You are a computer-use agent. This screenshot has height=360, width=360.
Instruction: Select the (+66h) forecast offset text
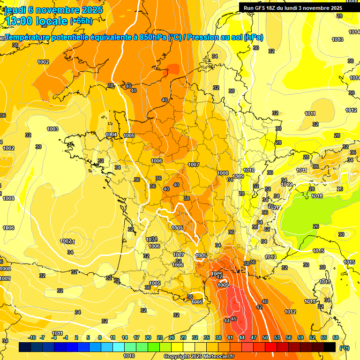(x=81, y=21)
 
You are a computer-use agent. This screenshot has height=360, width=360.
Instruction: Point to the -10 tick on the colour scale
(x=32, y=337)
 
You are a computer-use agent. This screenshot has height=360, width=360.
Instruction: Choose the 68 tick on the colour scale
(x=336, y=337)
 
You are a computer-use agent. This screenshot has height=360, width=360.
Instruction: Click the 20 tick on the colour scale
(x=148, y=337)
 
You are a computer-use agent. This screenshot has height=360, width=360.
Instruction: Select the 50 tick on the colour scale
(x=265, y=337)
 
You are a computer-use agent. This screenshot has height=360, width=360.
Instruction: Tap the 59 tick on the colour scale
(x=300, y=337)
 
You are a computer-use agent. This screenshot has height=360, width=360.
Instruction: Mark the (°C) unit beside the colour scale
(x=345, y=347)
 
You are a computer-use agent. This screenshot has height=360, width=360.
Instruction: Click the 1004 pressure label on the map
(x=111, y=135)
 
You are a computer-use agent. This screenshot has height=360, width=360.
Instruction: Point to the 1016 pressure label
(x=317, y=196)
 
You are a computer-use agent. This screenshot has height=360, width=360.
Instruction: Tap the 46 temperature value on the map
(x=233, y=319)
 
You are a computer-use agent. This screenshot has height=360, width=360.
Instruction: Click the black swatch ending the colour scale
(x=330, y=347)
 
